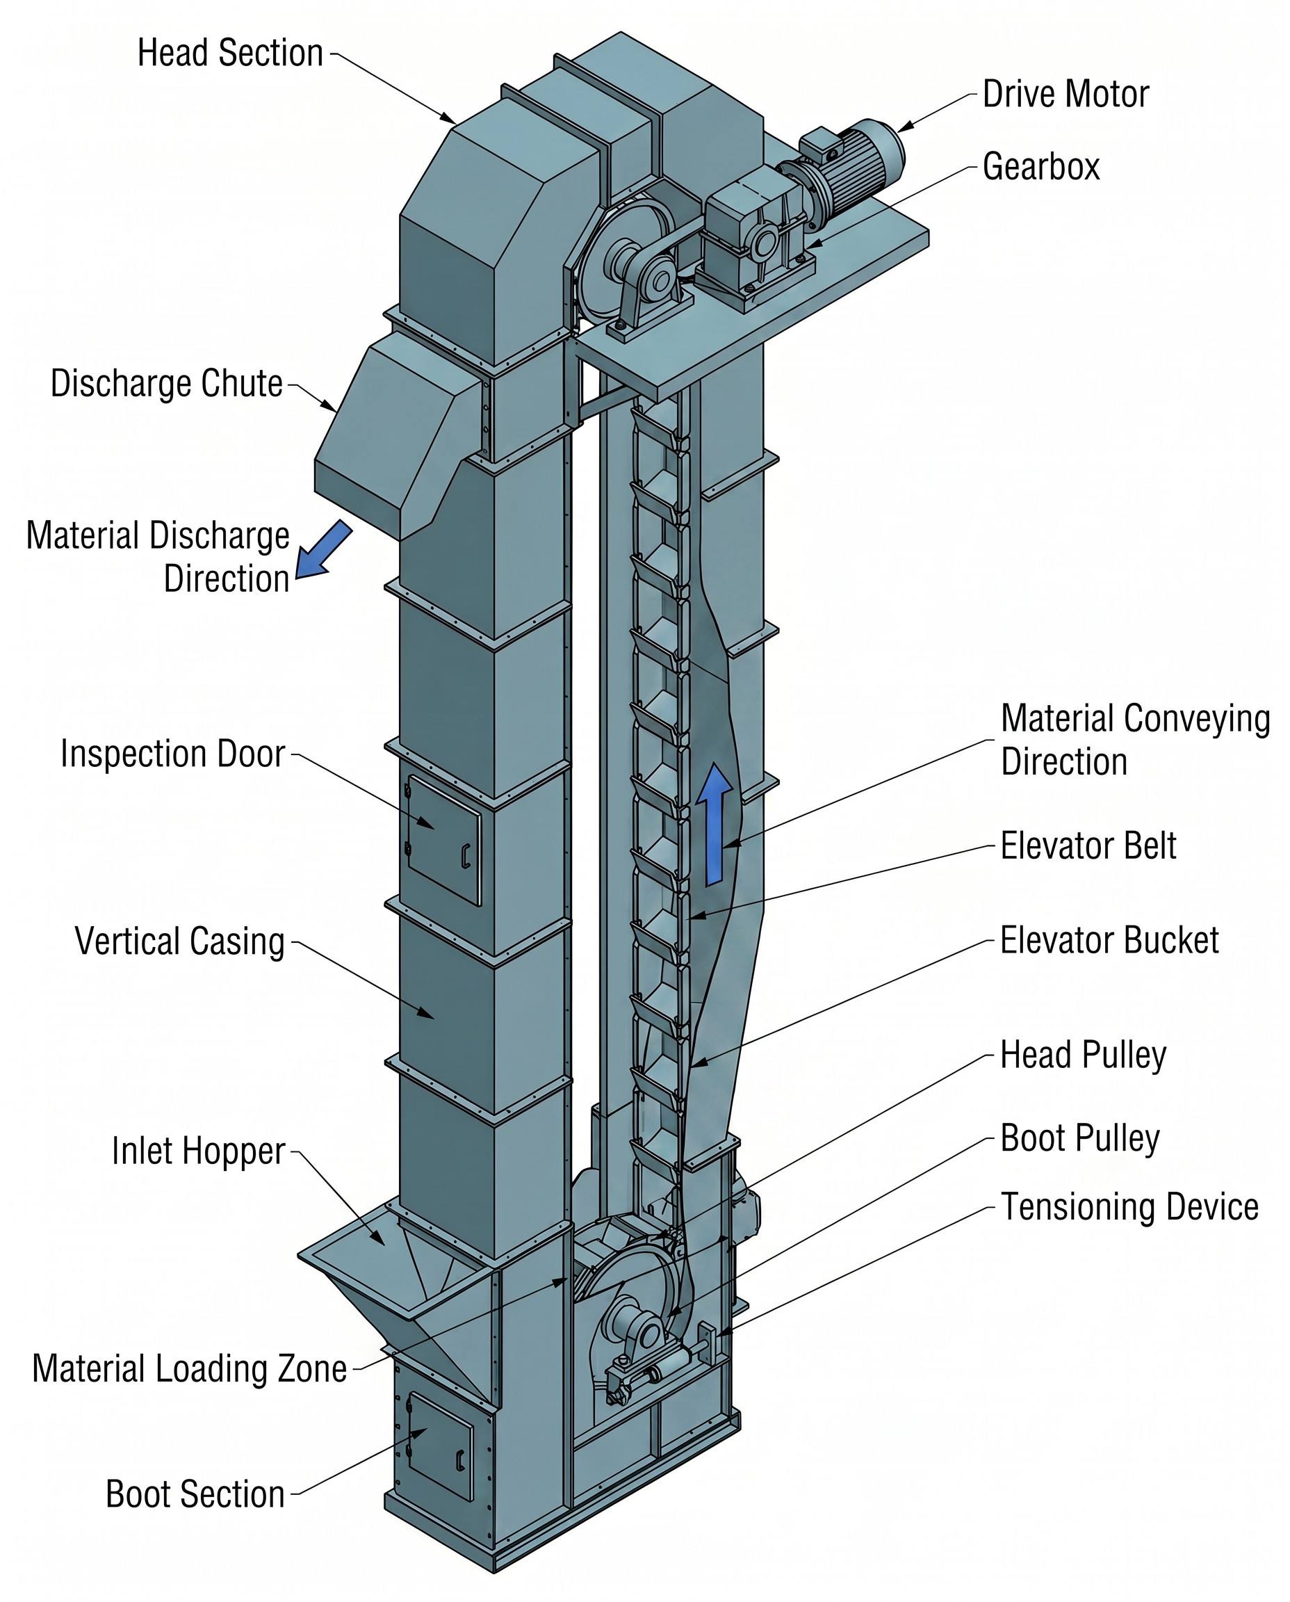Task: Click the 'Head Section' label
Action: tap(230, 54)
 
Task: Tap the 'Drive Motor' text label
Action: tap(1066, 95)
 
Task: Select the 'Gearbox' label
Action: tap(1040, 166)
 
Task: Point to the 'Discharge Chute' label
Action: tap(166, 384)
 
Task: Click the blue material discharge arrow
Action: tap(324, 549)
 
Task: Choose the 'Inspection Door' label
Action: tap(172, 754)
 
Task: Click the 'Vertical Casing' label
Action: tap(180, 941)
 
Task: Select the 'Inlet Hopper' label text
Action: tap(198, 1151)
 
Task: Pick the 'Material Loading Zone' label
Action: tap(190, 1368)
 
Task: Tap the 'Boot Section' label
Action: tap(195, 1494)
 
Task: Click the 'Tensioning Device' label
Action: tap(1129, 1206)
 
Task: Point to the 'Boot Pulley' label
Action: tap(1079, 1138)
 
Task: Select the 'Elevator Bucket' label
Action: tap(1109, 940)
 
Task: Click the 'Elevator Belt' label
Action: tap(1088, 846)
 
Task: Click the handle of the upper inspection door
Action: tap(465, 857)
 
